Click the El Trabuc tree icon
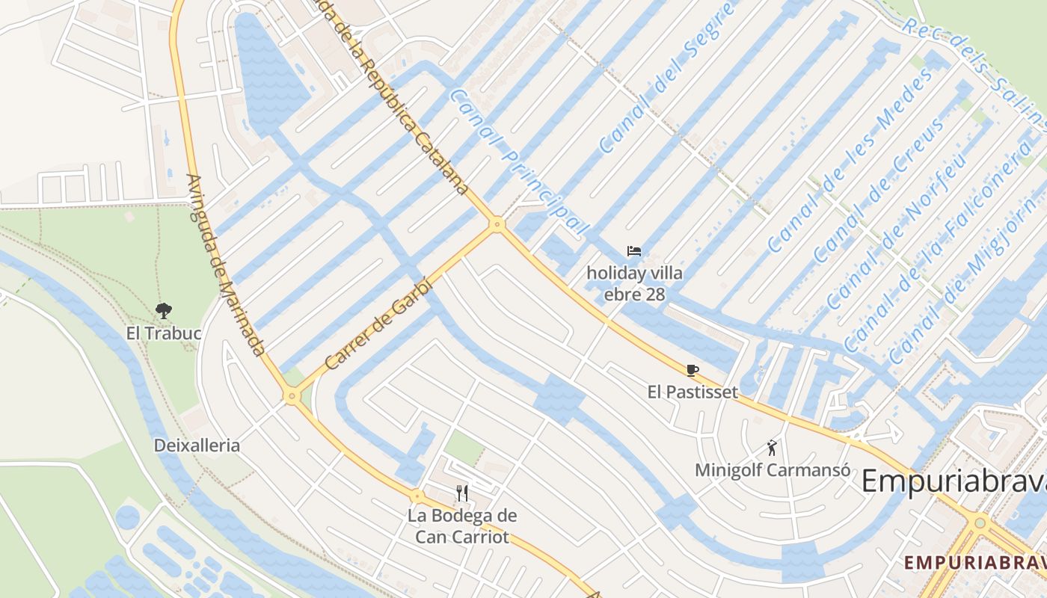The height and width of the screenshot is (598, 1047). point(163,310)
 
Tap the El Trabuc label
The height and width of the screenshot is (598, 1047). point(164,333)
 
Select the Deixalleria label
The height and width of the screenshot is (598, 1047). point(197,446)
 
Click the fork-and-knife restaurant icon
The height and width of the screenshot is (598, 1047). point(462,493)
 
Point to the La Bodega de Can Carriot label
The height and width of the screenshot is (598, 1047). point(462,526)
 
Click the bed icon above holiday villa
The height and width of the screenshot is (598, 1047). point(634,251)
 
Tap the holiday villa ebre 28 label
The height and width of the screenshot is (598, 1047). point(634,283)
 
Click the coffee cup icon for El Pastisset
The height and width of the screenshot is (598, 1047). point(693,370)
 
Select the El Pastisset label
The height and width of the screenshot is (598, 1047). point(693,392)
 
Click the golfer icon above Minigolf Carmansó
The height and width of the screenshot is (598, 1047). point(773,448)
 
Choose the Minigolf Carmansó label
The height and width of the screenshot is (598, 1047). point(773,470)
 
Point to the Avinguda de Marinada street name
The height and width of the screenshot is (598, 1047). point(225,265)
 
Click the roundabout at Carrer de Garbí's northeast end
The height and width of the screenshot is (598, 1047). point(497,224)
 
